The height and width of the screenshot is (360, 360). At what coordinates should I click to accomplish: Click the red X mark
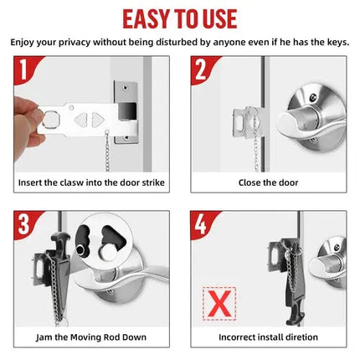(x=219, y=303)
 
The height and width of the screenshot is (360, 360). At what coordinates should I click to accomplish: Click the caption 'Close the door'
(x=268, y=182)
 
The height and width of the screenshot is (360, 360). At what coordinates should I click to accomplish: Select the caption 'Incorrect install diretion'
(x=268, y=337)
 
